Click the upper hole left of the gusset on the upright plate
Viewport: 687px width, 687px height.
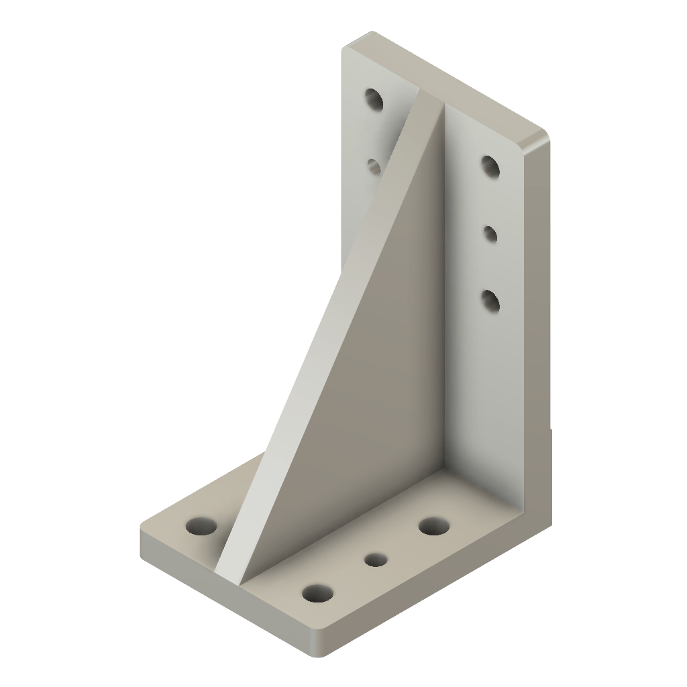pos(374,101)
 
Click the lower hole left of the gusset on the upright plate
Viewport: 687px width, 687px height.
pos(374,164)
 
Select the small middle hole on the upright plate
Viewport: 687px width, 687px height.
pos(490,234)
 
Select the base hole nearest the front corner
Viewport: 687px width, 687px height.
pos(317,593)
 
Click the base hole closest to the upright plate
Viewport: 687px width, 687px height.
pos(434,526)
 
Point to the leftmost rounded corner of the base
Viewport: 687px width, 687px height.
pos(144,530)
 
